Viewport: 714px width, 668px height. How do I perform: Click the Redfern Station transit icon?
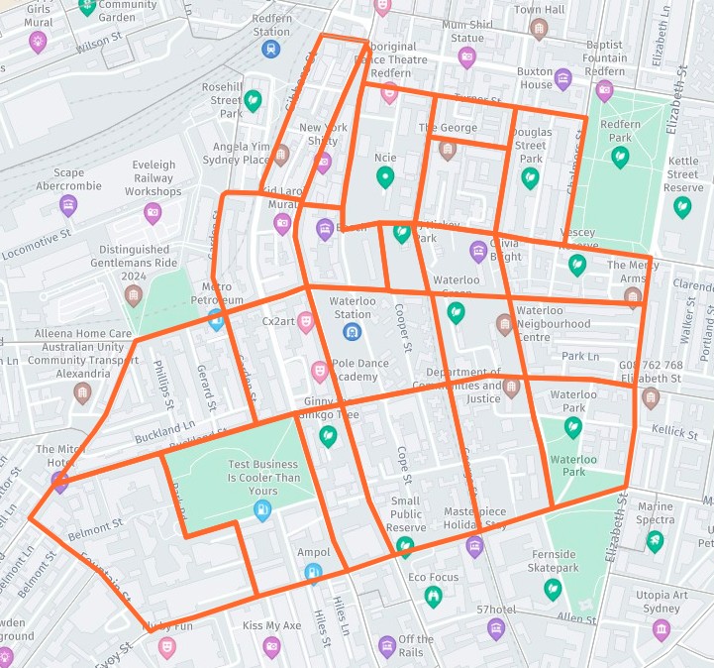(270, 49)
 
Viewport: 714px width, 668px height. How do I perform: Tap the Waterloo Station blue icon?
(351, 331)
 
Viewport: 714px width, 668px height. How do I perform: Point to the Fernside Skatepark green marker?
(552, 589)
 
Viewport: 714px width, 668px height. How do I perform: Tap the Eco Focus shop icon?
(433, 596)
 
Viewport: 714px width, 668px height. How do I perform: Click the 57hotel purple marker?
(496, 628)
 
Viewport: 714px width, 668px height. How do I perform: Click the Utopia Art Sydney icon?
(661, 630)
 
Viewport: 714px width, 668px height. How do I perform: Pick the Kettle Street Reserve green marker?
(682, 206)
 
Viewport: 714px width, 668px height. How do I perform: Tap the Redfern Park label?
(621, 131)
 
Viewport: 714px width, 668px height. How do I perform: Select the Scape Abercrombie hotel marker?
(68, 205)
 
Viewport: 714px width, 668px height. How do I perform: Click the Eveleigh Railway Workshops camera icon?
(153, 212)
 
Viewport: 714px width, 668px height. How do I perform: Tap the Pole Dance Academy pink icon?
(319, 371)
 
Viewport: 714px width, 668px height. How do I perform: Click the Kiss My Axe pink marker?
(271, 646)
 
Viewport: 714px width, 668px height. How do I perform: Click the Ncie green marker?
(385, 177)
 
